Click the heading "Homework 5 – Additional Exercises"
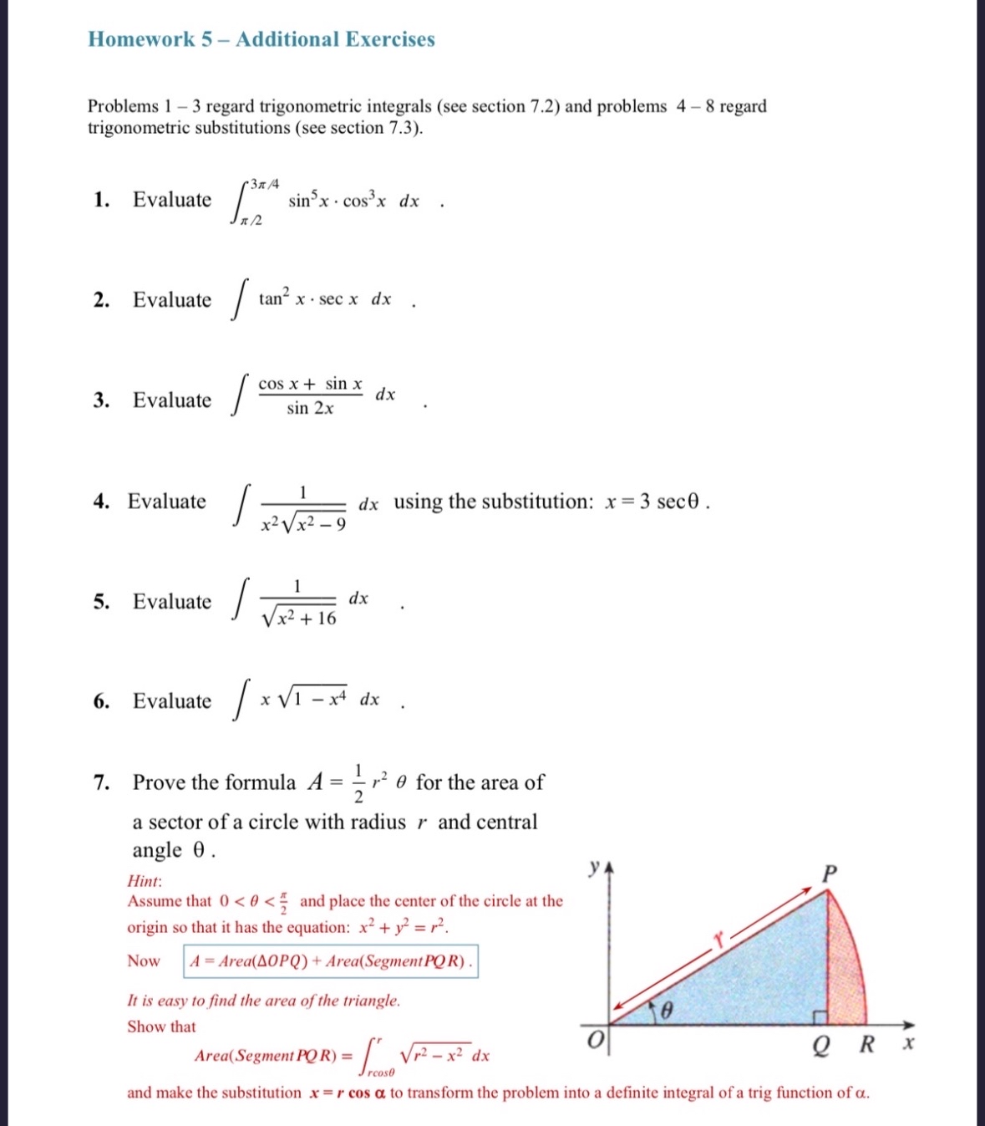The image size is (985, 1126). (261, 39)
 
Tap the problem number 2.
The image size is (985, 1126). (102, 300)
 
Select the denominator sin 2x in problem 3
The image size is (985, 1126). (310, 409)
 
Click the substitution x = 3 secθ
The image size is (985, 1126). (656, 502)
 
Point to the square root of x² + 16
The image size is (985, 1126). (299, 617)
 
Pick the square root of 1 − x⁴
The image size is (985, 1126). (312, 700)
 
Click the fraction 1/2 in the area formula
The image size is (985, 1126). (358, 783)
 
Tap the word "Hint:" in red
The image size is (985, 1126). (145, 881)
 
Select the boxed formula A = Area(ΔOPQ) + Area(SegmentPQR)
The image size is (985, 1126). (331, 961)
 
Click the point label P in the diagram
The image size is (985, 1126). (829, 874)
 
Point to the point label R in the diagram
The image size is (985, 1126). (867, 1044)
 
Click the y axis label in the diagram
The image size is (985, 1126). (594, 867)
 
